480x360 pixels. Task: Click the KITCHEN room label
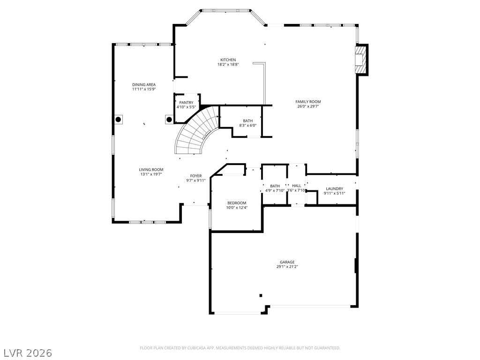[228, 60]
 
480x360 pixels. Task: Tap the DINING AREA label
[144, 84]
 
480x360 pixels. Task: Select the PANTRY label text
[186, 102]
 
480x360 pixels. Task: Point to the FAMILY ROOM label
[308, 101]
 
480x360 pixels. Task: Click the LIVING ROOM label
[151, 169]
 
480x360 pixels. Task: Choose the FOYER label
[196, 176]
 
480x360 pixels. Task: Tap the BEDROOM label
[237, 203]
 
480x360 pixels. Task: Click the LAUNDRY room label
[334, 188]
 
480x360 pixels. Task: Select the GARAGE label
[287, 262]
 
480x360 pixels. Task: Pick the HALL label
[297, 186]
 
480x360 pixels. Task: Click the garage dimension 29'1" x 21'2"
[287, 267]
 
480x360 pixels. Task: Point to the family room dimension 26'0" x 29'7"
[308, 106]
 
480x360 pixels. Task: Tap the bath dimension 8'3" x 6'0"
[248, 125]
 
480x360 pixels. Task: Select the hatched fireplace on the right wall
[360, 60]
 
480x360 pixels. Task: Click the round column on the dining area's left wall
[118, 120]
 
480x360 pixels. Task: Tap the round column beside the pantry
[169, 119]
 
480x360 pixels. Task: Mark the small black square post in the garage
[261, 295]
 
